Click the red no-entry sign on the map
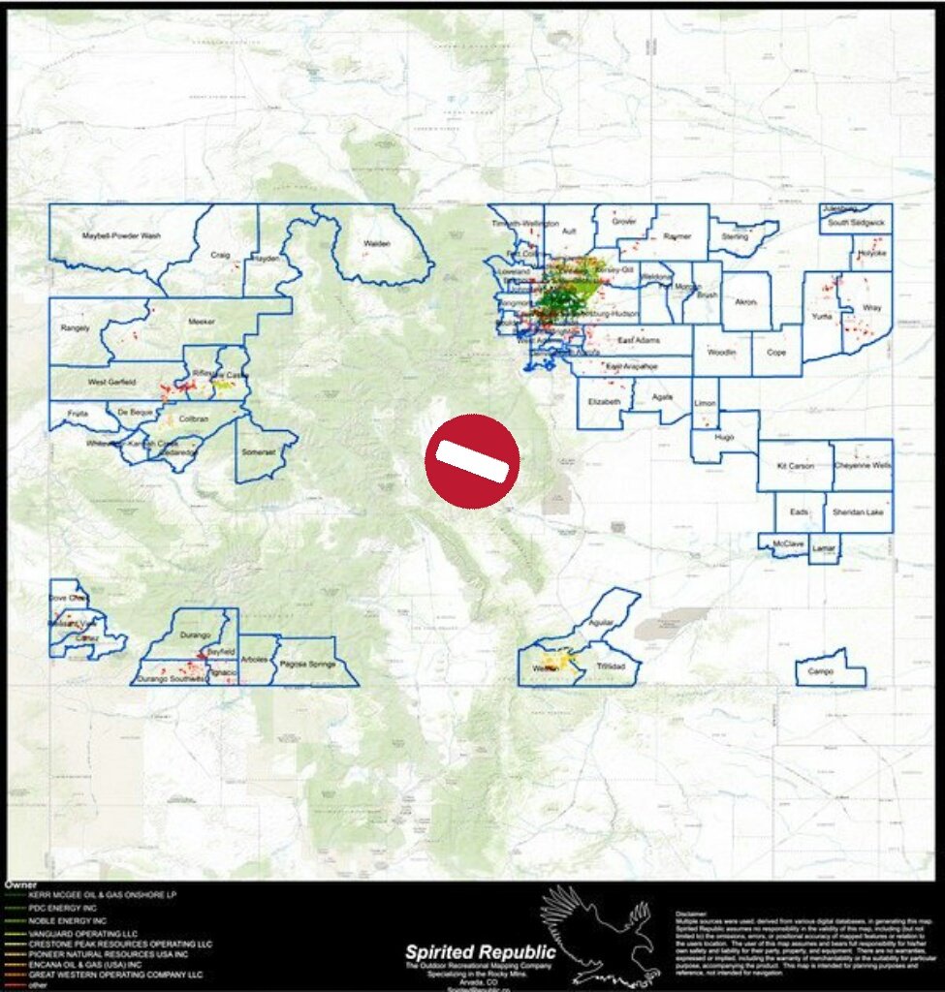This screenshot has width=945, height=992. tap(472, 461)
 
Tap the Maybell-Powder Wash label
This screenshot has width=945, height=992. tap(121, 235)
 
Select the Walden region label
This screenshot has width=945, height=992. tap(376, 243)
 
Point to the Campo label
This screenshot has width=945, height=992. tap(821, 671)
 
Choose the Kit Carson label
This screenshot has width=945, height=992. tap(795, 466)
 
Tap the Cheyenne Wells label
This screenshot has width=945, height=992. tap(862, 466)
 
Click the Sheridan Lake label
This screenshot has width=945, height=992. tap(858, 512)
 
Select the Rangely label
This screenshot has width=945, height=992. tap(75, 327)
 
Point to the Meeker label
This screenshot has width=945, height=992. tap(202, 320)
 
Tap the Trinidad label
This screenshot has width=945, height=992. tap(612, 667)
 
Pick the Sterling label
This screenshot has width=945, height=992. tap(735, 236)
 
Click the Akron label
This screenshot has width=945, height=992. tap(745, 302)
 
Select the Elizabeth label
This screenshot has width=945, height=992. tap(604, 399)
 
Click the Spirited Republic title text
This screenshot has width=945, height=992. tap(481, 951)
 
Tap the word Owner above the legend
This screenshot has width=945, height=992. tap(20, 884)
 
